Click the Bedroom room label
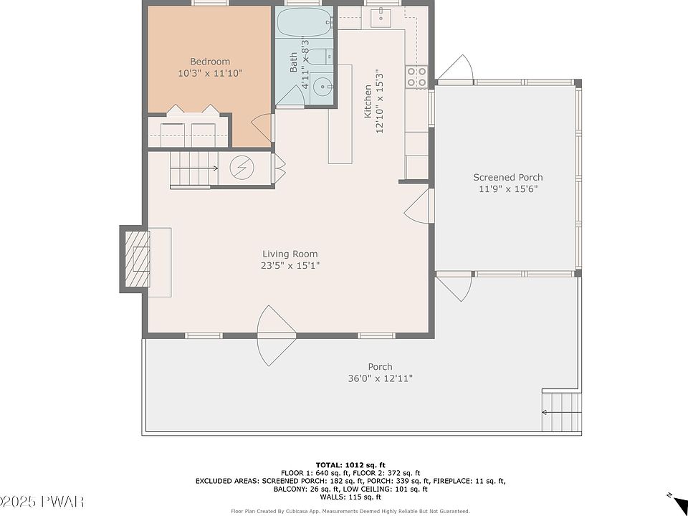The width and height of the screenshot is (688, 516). click(210, 62)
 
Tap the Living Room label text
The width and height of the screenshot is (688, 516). click(290, 254)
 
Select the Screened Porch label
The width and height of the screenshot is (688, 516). click(507, 177)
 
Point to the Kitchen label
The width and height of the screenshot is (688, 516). click(367, 102)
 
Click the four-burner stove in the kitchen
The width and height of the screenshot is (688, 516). click(416, 77)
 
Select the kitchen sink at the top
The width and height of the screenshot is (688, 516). click(381, 17)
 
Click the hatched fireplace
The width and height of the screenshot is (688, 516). click(138, 259)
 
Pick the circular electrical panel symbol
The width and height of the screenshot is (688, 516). click(242, 167)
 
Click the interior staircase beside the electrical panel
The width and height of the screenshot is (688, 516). click(194, 169)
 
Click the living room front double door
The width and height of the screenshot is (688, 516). click(277, 335)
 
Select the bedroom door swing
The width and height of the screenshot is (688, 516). click(262, 128)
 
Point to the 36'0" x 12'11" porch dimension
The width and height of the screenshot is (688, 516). click(380, 378)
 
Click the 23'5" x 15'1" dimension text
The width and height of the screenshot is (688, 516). click(290, 265)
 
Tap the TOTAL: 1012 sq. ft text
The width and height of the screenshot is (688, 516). click(350, 465)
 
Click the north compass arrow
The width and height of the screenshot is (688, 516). click(675, 499)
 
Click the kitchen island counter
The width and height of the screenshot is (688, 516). click(340, 114)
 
